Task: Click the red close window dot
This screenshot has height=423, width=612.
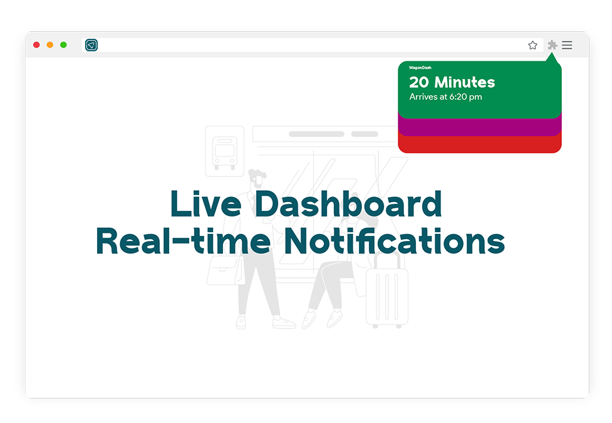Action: (x=36, y=45)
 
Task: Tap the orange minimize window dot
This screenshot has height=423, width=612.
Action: (x=50, y=45)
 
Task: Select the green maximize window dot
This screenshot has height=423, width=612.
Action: (x=64, y=45)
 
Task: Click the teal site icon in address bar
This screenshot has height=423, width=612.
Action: (x=91, y=45)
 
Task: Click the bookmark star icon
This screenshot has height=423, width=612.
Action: (x=533, y=45)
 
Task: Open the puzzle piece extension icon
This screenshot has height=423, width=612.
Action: (x=552, y=45)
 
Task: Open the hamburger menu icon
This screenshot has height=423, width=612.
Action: (x=567, y=45)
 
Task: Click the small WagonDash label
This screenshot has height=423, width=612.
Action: (x=420, y=68)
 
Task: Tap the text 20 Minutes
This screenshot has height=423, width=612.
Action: (x=452, y=82)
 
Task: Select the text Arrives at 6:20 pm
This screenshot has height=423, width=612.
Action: (x=445, y=97)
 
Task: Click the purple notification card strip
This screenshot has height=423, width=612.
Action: (x=480, y=127)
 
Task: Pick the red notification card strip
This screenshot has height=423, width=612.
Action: (x=480, y=145)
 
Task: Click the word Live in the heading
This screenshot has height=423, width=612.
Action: (x=205, y=203)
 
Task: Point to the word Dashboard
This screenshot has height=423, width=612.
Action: (x=348, y=203)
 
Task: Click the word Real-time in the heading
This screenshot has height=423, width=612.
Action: (x=183, y=241)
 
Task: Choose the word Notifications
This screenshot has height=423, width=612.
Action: (x=394, y=240)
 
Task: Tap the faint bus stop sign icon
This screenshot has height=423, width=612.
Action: (x=225, y=151)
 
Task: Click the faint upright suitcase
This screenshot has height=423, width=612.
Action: (x=386, y=290)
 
